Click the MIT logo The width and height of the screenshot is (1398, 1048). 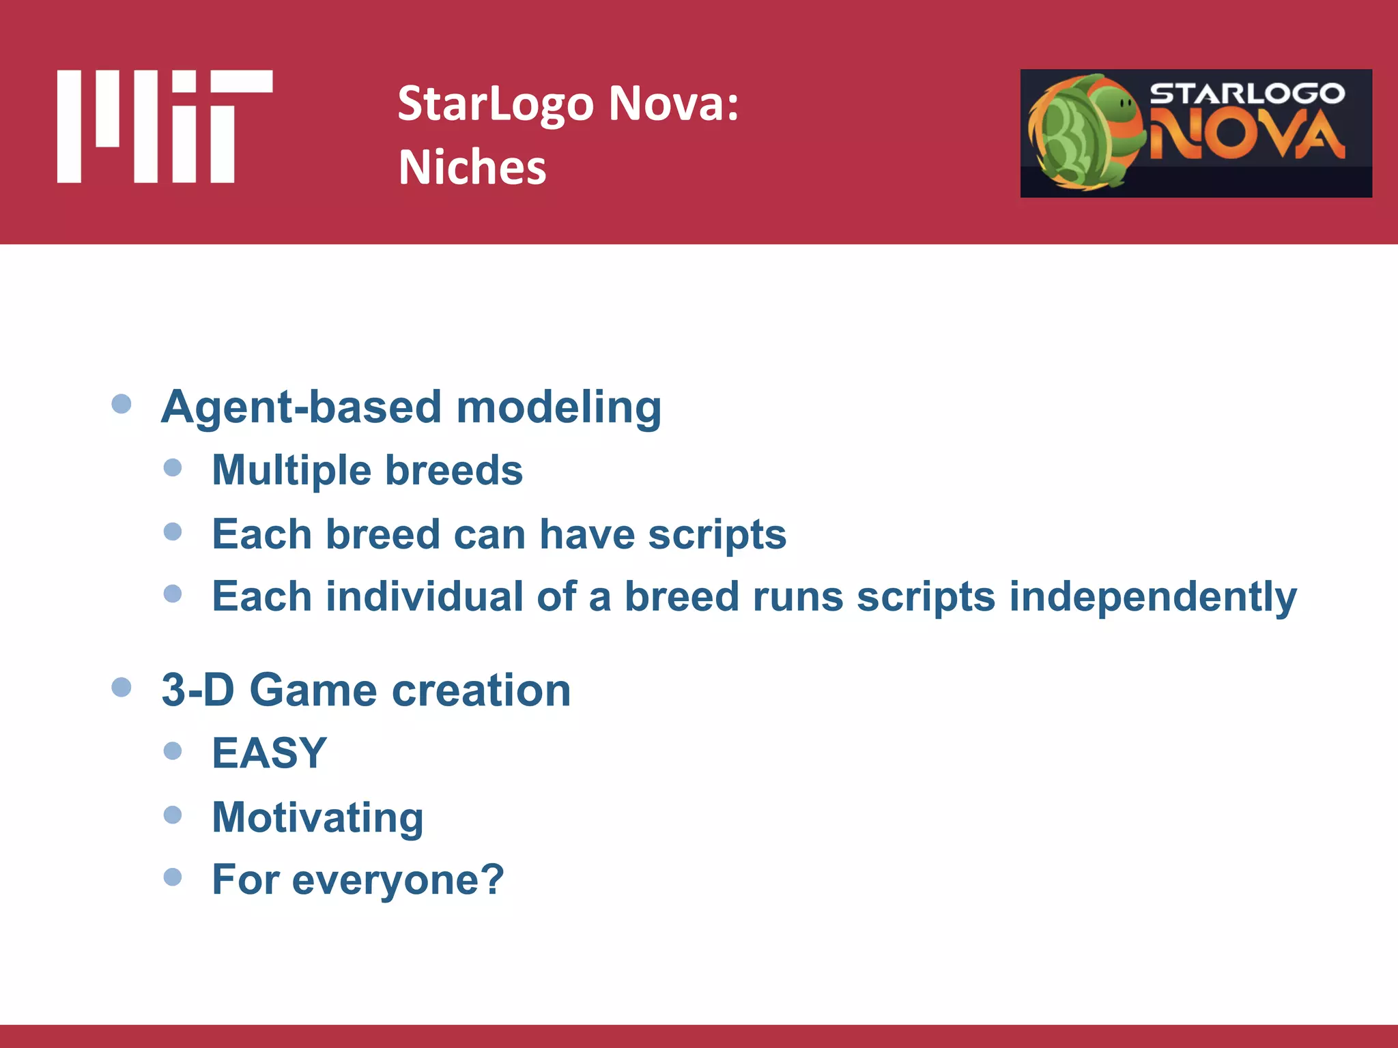click(x=165, y=126)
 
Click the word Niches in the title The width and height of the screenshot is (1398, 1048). click(x=472, y=168)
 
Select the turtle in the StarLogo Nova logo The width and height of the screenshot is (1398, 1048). click(x=1085, y=133)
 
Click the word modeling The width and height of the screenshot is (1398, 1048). click(x=558, y=407)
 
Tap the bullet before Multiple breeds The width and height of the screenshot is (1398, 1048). click(x=173, y=468)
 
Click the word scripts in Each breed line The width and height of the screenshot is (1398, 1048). click(x=717, y=534)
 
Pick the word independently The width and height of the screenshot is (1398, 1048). click(x=1152, y=597)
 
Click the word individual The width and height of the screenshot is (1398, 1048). click(x=425, y=597)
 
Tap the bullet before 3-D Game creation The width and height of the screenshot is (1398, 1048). click(x=122, y=687)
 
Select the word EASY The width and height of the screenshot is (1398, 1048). click(x=270, y=753)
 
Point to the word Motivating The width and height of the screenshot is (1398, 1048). click(x=317, y=817)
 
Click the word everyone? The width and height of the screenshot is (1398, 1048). click(x=398, y=880)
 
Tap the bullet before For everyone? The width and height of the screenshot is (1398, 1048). click(x=173, y=877)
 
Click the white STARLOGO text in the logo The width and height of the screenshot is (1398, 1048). click(x=1247, y=93)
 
